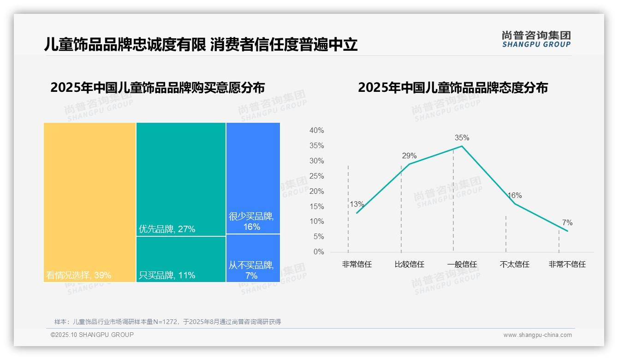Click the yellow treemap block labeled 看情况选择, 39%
tap(90, 202)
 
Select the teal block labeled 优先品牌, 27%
tap(181, 179)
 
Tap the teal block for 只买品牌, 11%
tap(181, 259)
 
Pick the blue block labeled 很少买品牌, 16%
tap(253, 178)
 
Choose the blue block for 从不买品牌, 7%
tap(253, 258)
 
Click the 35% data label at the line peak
tap(462, 138)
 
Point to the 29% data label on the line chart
tap(409, 156)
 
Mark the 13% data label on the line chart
tap(357, 204)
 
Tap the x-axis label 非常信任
tap(357, 264)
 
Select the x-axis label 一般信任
tap(462, 264)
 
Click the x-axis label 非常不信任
tap(567, 264)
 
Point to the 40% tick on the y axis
tap(316, 131)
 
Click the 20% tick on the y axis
tap(316, 191)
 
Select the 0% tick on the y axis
tap(318, 252)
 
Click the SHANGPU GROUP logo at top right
tap(536, 39)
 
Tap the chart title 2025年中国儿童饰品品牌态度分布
tap(452, 88)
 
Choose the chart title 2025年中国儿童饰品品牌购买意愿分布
tap(157, 88)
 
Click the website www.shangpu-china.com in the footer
tap(537, 335)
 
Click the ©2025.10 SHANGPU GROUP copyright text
tap(92, 335)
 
